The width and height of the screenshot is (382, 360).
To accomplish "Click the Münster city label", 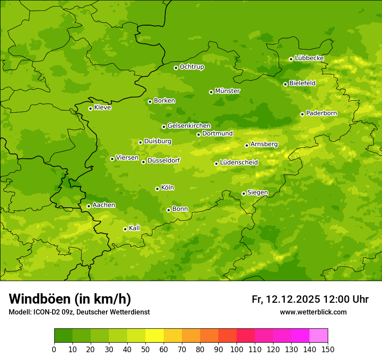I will point(227,91).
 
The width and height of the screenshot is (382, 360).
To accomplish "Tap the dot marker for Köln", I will point(157,189).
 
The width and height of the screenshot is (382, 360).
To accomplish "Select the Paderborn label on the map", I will point(322,113).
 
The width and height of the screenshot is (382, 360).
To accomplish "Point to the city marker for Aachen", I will point(89,206).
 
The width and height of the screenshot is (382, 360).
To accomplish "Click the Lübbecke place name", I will point(310,58).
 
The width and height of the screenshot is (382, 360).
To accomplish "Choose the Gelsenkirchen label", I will point(189,126).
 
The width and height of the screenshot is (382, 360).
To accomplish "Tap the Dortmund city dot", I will point(198,134).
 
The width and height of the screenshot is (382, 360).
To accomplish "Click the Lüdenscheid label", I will point(239,163).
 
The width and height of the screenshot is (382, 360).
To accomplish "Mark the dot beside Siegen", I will point(244,193).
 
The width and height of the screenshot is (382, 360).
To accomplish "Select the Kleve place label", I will point(103,108).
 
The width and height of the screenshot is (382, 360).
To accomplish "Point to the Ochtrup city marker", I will point(176,68).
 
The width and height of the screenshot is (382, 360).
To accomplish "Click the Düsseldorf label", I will point(164,160).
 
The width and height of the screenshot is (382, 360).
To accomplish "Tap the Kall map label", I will point(135,228).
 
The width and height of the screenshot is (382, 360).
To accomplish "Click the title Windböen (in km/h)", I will point(70,299).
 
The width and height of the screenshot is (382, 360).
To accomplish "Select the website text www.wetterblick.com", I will point(313,312).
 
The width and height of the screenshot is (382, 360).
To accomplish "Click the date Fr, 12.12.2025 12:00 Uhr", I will point(310,299).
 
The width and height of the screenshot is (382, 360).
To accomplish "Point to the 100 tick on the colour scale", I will point(237,349).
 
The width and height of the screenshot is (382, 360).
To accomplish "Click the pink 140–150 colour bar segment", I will point(319,336).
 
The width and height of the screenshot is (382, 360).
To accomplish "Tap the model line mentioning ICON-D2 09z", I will point(79,312).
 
